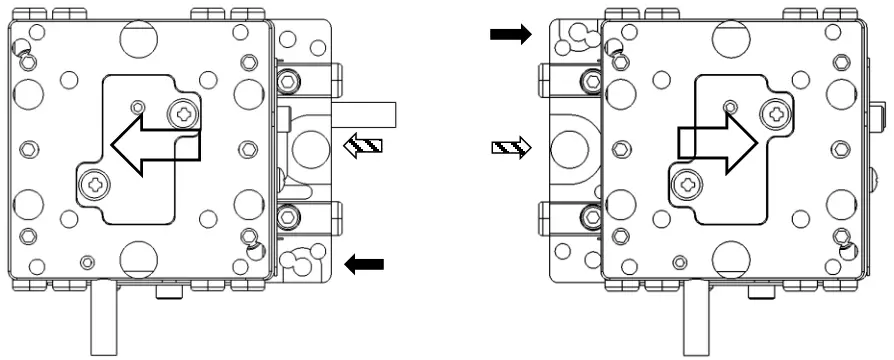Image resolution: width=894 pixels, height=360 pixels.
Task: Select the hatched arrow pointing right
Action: pos(512,149)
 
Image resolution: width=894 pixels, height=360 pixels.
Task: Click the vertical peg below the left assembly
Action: pos(103,318)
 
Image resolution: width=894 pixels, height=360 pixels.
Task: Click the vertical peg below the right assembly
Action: pos(695,318)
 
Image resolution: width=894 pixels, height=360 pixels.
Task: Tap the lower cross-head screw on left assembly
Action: pos(95,184)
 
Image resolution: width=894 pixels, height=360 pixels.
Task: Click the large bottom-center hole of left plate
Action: pos(139,259)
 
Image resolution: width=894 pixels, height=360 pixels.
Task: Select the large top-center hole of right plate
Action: pos(730,39)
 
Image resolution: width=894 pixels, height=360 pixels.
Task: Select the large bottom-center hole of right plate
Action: pos(730,259)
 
